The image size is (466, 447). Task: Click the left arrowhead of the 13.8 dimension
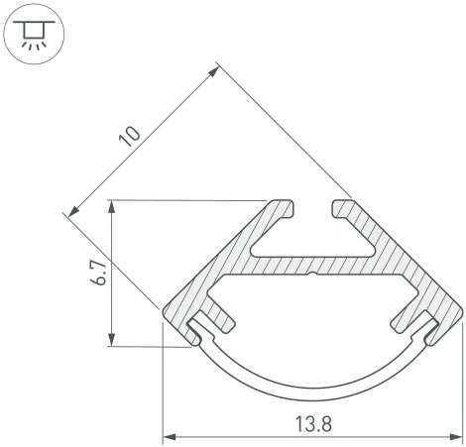[x=168, y=435]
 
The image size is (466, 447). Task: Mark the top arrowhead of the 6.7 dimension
[x=115, y=206]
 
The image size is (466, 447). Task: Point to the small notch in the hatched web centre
[x=312, y=270]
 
